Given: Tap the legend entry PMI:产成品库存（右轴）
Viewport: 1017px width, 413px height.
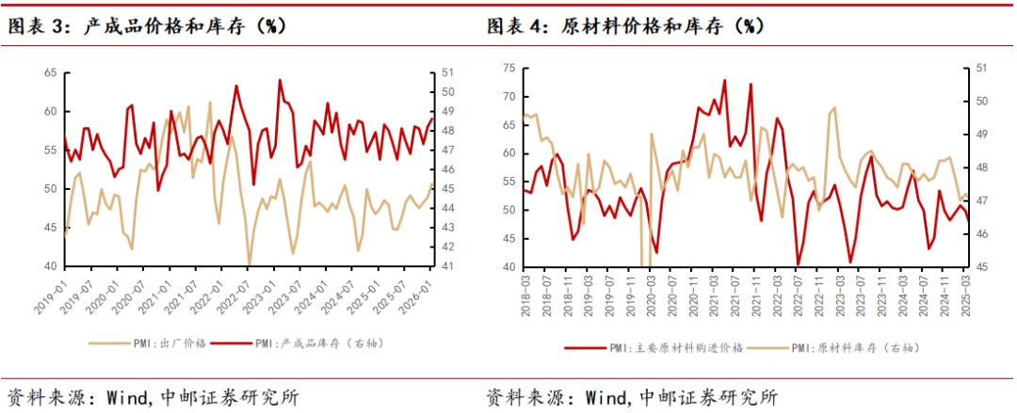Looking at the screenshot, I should click(x=319, y=342).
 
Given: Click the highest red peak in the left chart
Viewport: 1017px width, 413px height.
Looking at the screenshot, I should click(x=280, y=80).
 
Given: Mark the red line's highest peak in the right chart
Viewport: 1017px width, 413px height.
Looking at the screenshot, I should click(x=724, y=80).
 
